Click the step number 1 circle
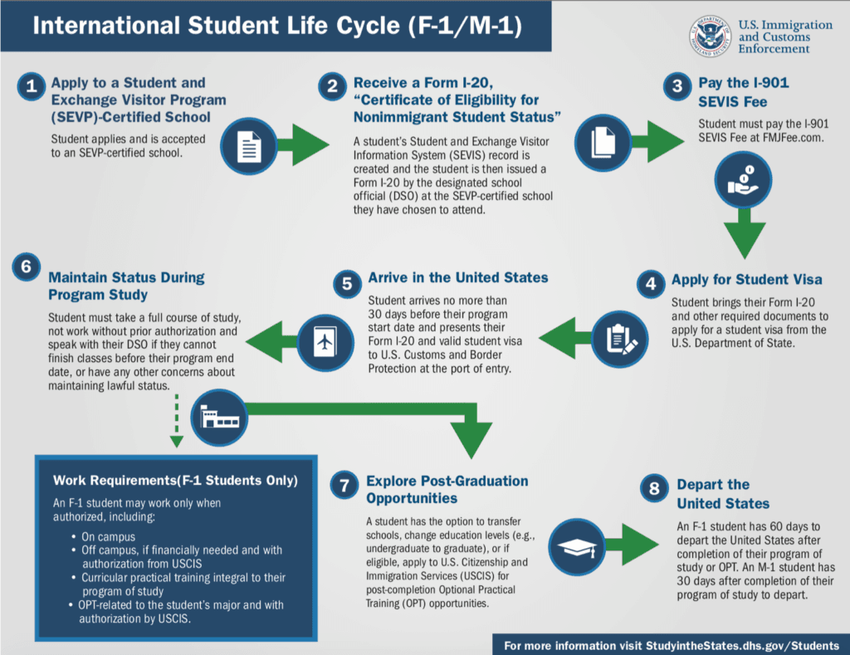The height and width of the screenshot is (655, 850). click(x=32, y=86)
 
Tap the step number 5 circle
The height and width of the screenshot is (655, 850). click(x=347, y=284)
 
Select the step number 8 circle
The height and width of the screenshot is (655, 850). click(x=654, y=488)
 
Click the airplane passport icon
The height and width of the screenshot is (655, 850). click(x=325, y=343)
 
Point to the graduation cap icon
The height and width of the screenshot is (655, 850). click(x=578, y=547)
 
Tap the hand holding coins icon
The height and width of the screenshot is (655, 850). click(x=743, y=180)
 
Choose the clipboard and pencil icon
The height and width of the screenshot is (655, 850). click(x=619, y=339)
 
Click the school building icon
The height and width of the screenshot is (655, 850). click(x=219, y=418)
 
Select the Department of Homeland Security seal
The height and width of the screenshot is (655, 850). click(x=711, y=37)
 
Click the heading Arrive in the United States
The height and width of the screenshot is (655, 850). click(x=458, y=277)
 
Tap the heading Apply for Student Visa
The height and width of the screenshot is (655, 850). click(x=746, y=280)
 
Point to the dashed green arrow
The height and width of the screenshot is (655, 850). click(x=177, y=421)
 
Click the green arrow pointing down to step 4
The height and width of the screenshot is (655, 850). click(x=745, y=234)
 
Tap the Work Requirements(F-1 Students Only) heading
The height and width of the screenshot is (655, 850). click(x=175, y=481)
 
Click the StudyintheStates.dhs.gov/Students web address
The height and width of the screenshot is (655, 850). click(x=742, y=646)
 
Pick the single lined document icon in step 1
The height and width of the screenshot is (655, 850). click(x=249, y=146)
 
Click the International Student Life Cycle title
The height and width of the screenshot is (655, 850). click(x=277, y=26)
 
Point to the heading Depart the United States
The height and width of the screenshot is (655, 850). click(x=723, y=494)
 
